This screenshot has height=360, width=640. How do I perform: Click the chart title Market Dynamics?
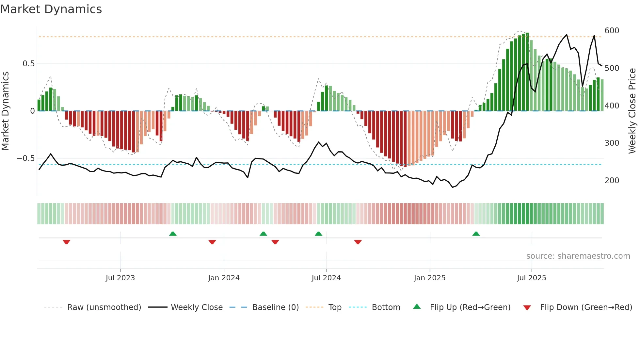[x=51, y=9]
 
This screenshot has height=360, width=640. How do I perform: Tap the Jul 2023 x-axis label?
[x=120, y=278]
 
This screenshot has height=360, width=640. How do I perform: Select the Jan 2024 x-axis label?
[x=224, y=278]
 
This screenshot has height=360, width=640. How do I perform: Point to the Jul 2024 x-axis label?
[x=326, y=278]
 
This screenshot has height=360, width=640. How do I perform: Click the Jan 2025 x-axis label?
[x=429, y=278]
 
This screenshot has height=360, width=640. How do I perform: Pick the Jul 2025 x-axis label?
[x=531, y=278]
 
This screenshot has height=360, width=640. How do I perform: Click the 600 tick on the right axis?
[x=612, y=31]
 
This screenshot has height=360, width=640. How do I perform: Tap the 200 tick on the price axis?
[x=612, y=181]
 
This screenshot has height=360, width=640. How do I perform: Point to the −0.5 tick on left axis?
[x=26, y=158]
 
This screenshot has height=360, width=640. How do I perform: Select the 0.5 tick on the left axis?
[x=28, y=64]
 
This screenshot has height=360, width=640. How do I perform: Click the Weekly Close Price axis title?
[x=632, y=111]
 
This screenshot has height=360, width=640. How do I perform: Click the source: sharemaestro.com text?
[x=578, y=256]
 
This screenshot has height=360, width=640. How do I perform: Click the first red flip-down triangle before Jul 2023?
[x=67, y=242]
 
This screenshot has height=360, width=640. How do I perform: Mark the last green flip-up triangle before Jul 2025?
[x=476, y=234]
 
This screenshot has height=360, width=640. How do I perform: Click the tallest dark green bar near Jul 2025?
[x=527, y=72]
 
